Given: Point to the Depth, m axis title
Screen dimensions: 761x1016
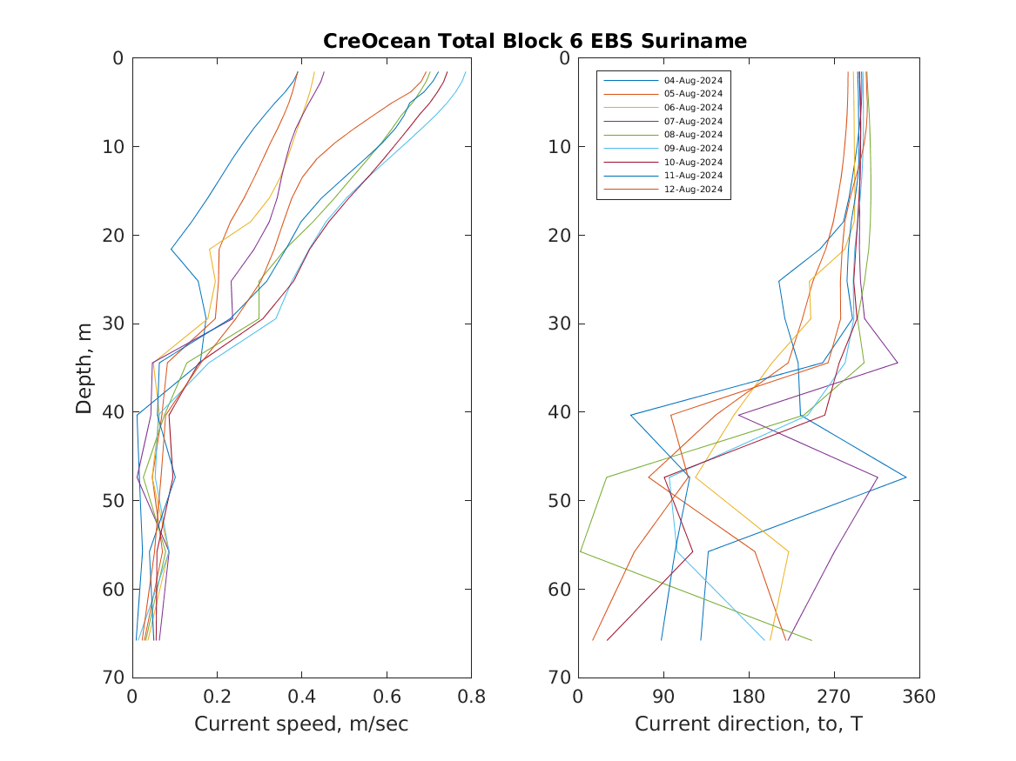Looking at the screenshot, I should [x=84, y=367].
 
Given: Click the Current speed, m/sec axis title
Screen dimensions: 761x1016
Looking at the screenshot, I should [x=301, y=724].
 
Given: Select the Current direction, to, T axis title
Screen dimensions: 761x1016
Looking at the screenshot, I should [x=749, y=724].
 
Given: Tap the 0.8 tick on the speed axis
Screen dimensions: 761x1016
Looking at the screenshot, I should [x=471, y=696].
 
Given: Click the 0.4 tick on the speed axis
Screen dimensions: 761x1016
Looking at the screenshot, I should [x=301, y=696].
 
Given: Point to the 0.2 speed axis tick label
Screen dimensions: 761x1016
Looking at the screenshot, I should [x=217, y=696].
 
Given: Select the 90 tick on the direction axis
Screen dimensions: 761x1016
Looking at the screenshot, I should [x=663, y=696].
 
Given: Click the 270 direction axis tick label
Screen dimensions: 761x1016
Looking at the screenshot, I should [x=834, y=696].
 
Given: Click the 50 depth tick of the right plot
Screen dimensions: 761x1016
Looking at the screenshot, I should [x=559, y=500].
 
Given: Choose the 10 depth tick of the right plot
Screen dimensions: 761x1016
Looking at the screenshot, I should [x=559, y=146].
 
